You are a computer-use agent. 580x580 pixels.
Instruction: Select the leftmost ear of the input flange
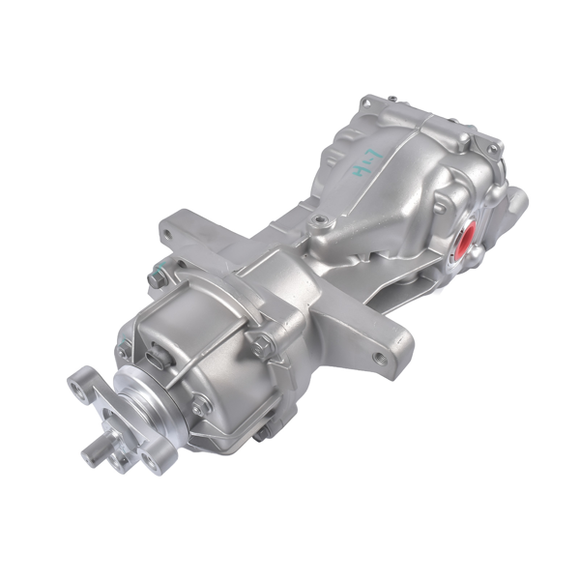[x=80, y=384]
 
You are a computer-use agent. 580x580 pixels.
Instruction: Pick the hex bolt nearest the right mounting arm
[x=262, y=340]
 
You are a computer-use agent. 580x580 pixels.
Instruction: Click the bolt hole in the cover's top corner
[x=367, y=102]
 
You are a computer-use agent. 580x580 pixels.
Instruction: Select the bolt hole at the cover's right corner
[x=495, y=151]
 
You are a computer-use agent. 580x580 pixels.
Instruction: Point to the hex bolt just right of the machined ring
[x=200, y=405]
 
